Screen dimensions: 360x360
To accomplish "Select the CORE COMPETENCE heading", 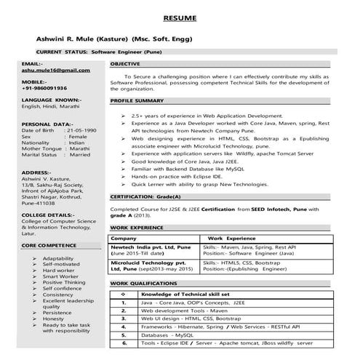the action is coord(49,247).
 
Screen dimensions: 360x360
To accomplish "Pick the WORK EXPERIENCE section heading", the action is coord(137,228).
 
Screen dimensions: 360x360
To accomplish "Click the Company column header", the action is coord(123,238).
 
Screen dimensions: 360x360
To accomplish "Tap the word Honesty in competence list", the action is coord(54,318).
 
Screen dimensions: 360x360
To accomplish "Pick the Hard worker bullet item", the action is coord(59,271).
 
